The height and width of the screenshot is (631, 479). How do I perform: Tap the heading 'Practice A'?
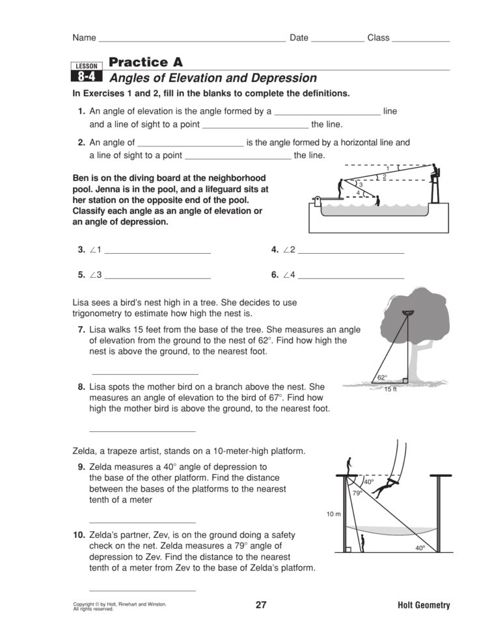click(146, 62)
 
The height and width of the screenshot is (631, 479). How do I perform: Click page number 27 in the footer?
click(261, 605)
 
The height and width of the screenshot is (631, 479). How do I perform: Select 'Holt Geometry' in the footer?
click(424, 606)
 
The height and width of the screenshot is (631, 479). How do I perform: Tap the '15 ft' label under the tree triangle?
click(390, 389)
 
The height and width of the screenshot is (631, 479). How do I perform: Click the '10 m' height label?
click(333, 514)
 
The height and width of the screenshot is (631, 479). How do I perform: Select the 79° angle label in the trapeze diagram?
click(357, 493)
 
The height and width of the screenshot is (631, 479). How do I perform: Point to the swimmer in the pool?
click(376, 200)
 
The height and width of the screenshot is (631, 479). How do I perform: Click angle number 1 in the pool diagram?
click(387, 168)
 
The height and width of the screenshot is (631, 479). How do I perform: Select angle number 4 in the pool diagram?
click(357, 193)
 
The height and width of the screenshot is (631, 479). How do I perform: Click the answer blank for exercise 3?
click(157, 250)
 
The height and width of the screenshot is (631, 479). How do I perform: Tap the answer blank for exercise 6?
click(351, 275)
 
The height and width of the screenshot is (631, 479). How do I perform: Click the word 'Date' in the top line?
click(299, 38)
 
